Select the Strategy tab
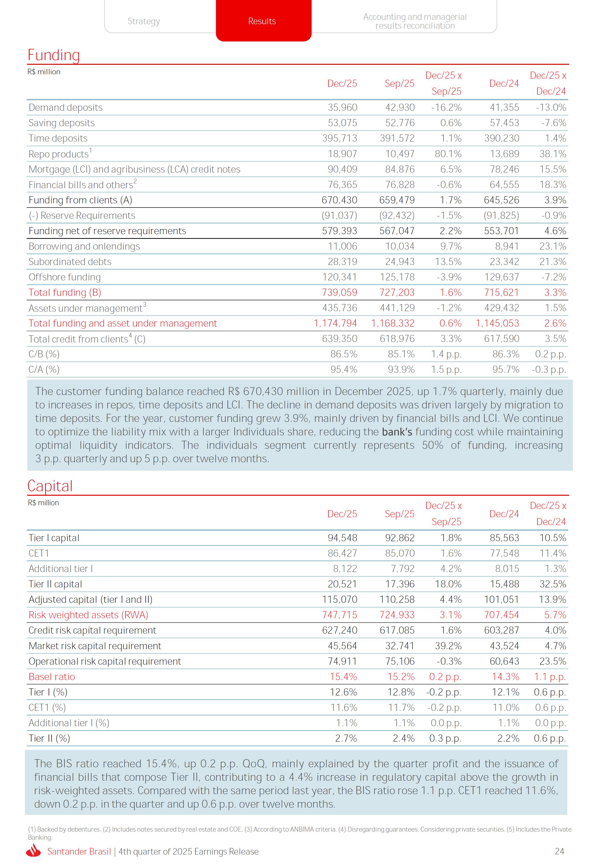coord(144,21)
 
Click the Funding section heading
coord(54,55)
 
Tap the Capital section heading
coord(50,486)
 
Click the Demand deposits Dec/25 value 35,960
coord(342,108)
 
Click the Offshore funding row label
coord(65,277)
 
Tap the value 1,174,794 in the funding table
coord(335,323)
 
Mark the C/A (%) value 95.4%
coord(344,370)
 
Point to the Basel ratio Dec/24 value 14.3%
coord(505,677)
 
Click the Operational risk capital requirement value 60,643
coord(504,661)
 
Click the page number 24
coord(559,851)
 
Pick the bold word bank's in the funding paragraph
coord(397,432)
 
